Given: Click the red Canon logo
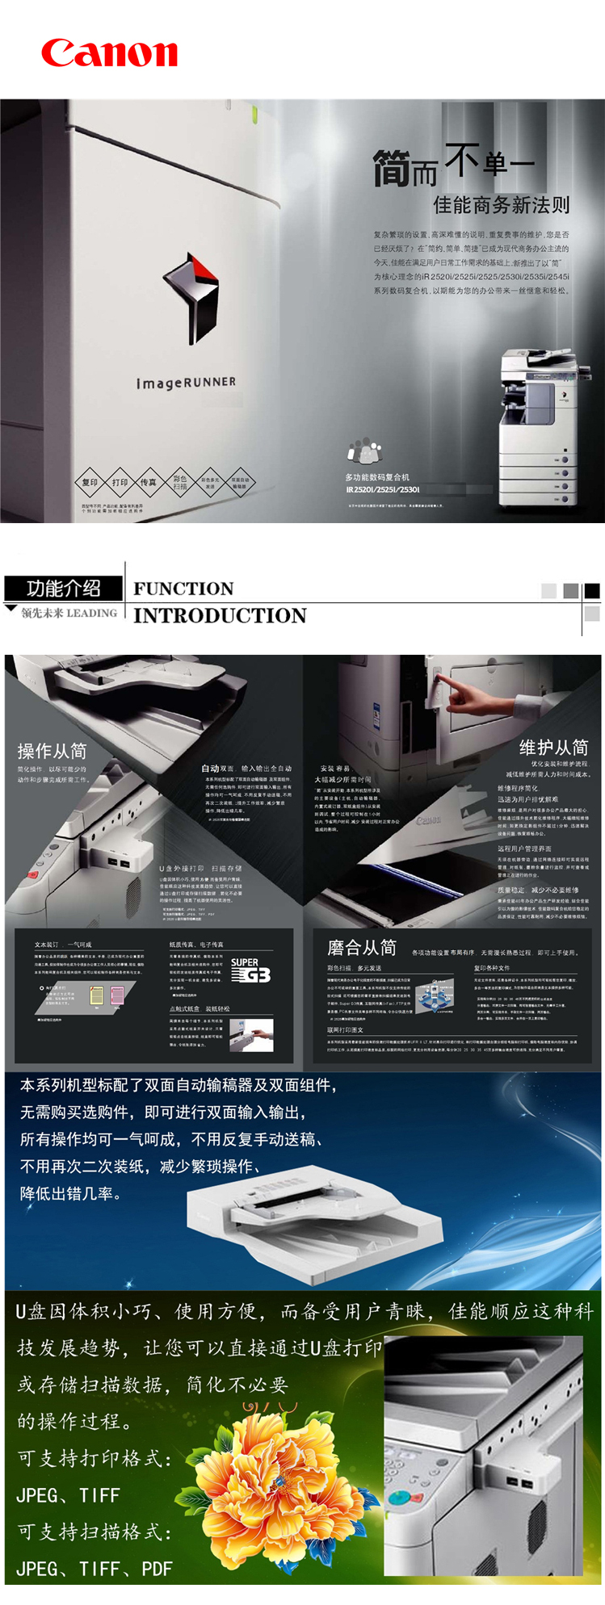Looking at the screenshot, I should click(x=109, y=53).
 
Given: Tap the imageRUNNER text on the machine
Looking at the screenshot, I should click(x=186, y=382).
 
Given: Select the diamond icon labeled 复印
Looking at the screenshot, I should click(x=90, y=482).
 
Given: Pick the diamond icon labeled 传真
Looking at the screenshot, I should click(x=149, y=482).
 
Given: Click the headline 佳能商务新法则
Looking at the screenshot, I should click(x=501, y=205).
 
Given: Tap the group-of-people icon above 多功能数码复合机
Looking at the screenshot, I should click(x=364, y=450).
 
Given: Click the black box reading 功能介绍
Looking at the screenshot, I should click(x=64, y=588).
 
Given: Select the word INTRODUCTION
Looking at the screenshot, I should click(x=220, y=616).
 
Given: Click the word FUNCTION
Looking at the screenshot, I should click(x=183, y=589).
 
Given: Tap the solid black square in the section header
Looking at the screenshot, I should click(x=592, y=591).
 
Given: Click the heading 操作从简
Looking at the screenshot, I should click(x=52, y=751).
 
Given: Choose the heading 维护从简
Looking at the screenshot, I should click(x=553, y=747).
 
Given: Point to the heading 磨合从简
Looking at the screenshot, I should click(x=361, y=948).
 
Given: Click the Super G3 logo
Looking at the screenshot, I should click(x=250, y=970).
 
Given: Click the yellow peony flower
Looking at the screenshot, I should click(x=279, y=1486).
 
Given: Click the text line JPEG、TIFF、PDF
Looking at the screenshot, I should click(x=95, y=1569).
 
